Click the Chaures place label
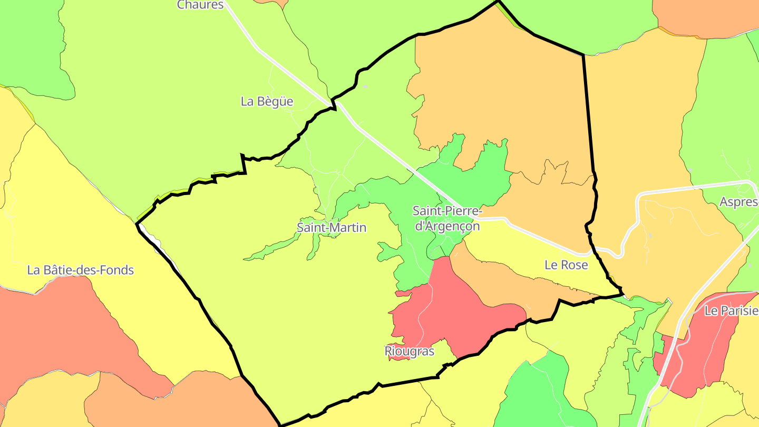(200, 5)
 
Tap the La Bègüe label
(267, 101)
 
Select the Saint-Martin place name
(331, 228)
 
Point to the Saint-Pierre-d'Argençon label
(446, 218)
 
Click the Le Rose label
(566, 265)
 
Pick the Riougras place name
(409, 351)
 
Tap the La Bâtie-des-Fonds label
(81, 270)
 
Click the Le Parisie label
(731, 310)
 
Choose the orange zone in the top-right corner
(706, 16)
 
